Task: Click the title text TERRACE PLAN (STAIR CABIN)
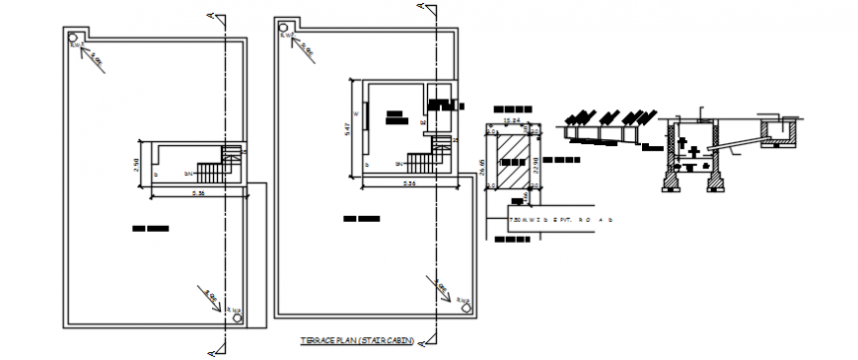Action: click(357, 341)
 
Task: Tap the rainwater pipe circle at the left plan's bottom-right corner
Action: click(236, 319)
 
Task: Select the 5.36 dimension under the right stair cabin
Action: click(408, 184)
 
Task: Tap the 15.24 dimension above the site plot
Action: click(511, 121)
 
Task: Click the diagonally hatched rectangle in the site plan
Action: click(511, 161)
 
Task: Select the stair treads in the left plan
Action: click(210, 170)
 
